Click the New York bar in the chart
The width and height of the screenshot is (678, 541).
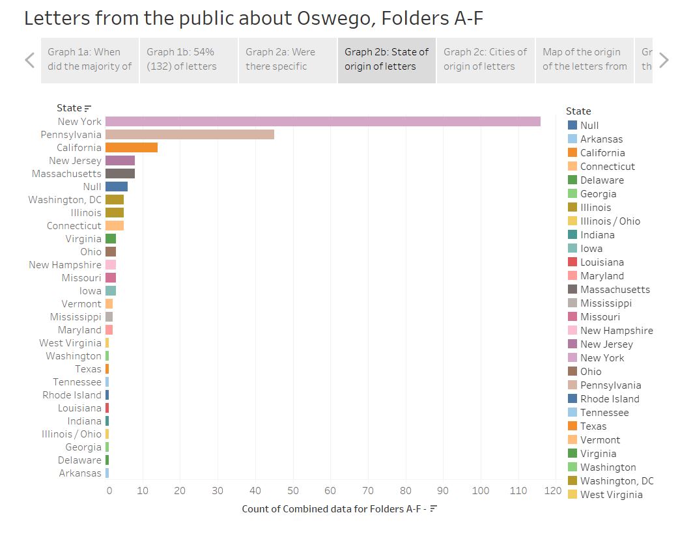pyautogui.click(x=322, y=122)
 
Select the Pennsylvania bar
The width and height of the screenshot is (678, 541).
pyautogui.click(x=190, y=135)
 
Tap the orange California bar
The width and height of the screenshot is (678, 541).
pyautogui.click(x=132, y=148)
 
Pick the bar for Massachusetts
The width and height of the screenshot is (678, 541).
pyautogui.click(x=120, y=174)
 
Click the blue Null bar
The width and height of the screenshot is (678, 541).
pyautogui.click(x=117, y=187)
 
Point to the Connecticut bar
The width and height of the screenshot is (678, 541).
pyautogui.click(x=115, y=226)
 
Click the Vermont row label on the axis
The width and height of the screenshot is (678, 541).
pyautogui.click(x=81, y=304)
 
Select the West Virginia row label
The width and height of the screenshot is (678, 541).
pyautogui.click(x=70, y=343)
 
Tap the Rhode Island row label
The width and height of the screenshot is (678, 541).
pyautogui.click(x=72, y=395)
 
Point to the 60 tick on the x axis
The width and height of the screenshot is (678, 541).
pyautogui.click(x=330, y=490)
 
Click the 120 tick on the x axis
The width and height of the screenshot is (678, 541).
pyautogui.click(x=554, y=490)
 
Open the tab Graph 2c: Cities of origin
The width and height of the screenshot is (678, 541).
pyautogui.click(x=485, y=59)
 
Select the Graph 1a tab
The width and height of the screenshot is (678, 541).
pyautogui.click(x=90, y=59)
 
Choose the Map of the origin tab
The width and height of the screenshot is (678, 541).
pyautogui.click(x=584, y=59)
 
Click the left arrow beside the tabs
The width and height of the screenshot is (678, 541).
pyautogui.click(x=29, y=61)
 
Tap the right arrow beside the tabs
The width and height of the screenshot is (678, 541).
pyautogui.click(x=664, y=61)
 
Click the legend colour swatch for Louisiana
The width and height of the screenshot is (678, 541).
pyautogui.click(x=572, y=262)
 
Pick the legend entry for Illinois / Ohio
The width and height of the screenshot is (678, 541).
pyautogui.click(x=610, y=221)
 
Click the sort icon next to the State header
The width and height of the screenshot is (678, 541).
pyautogui.click(x=88, y=109)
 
